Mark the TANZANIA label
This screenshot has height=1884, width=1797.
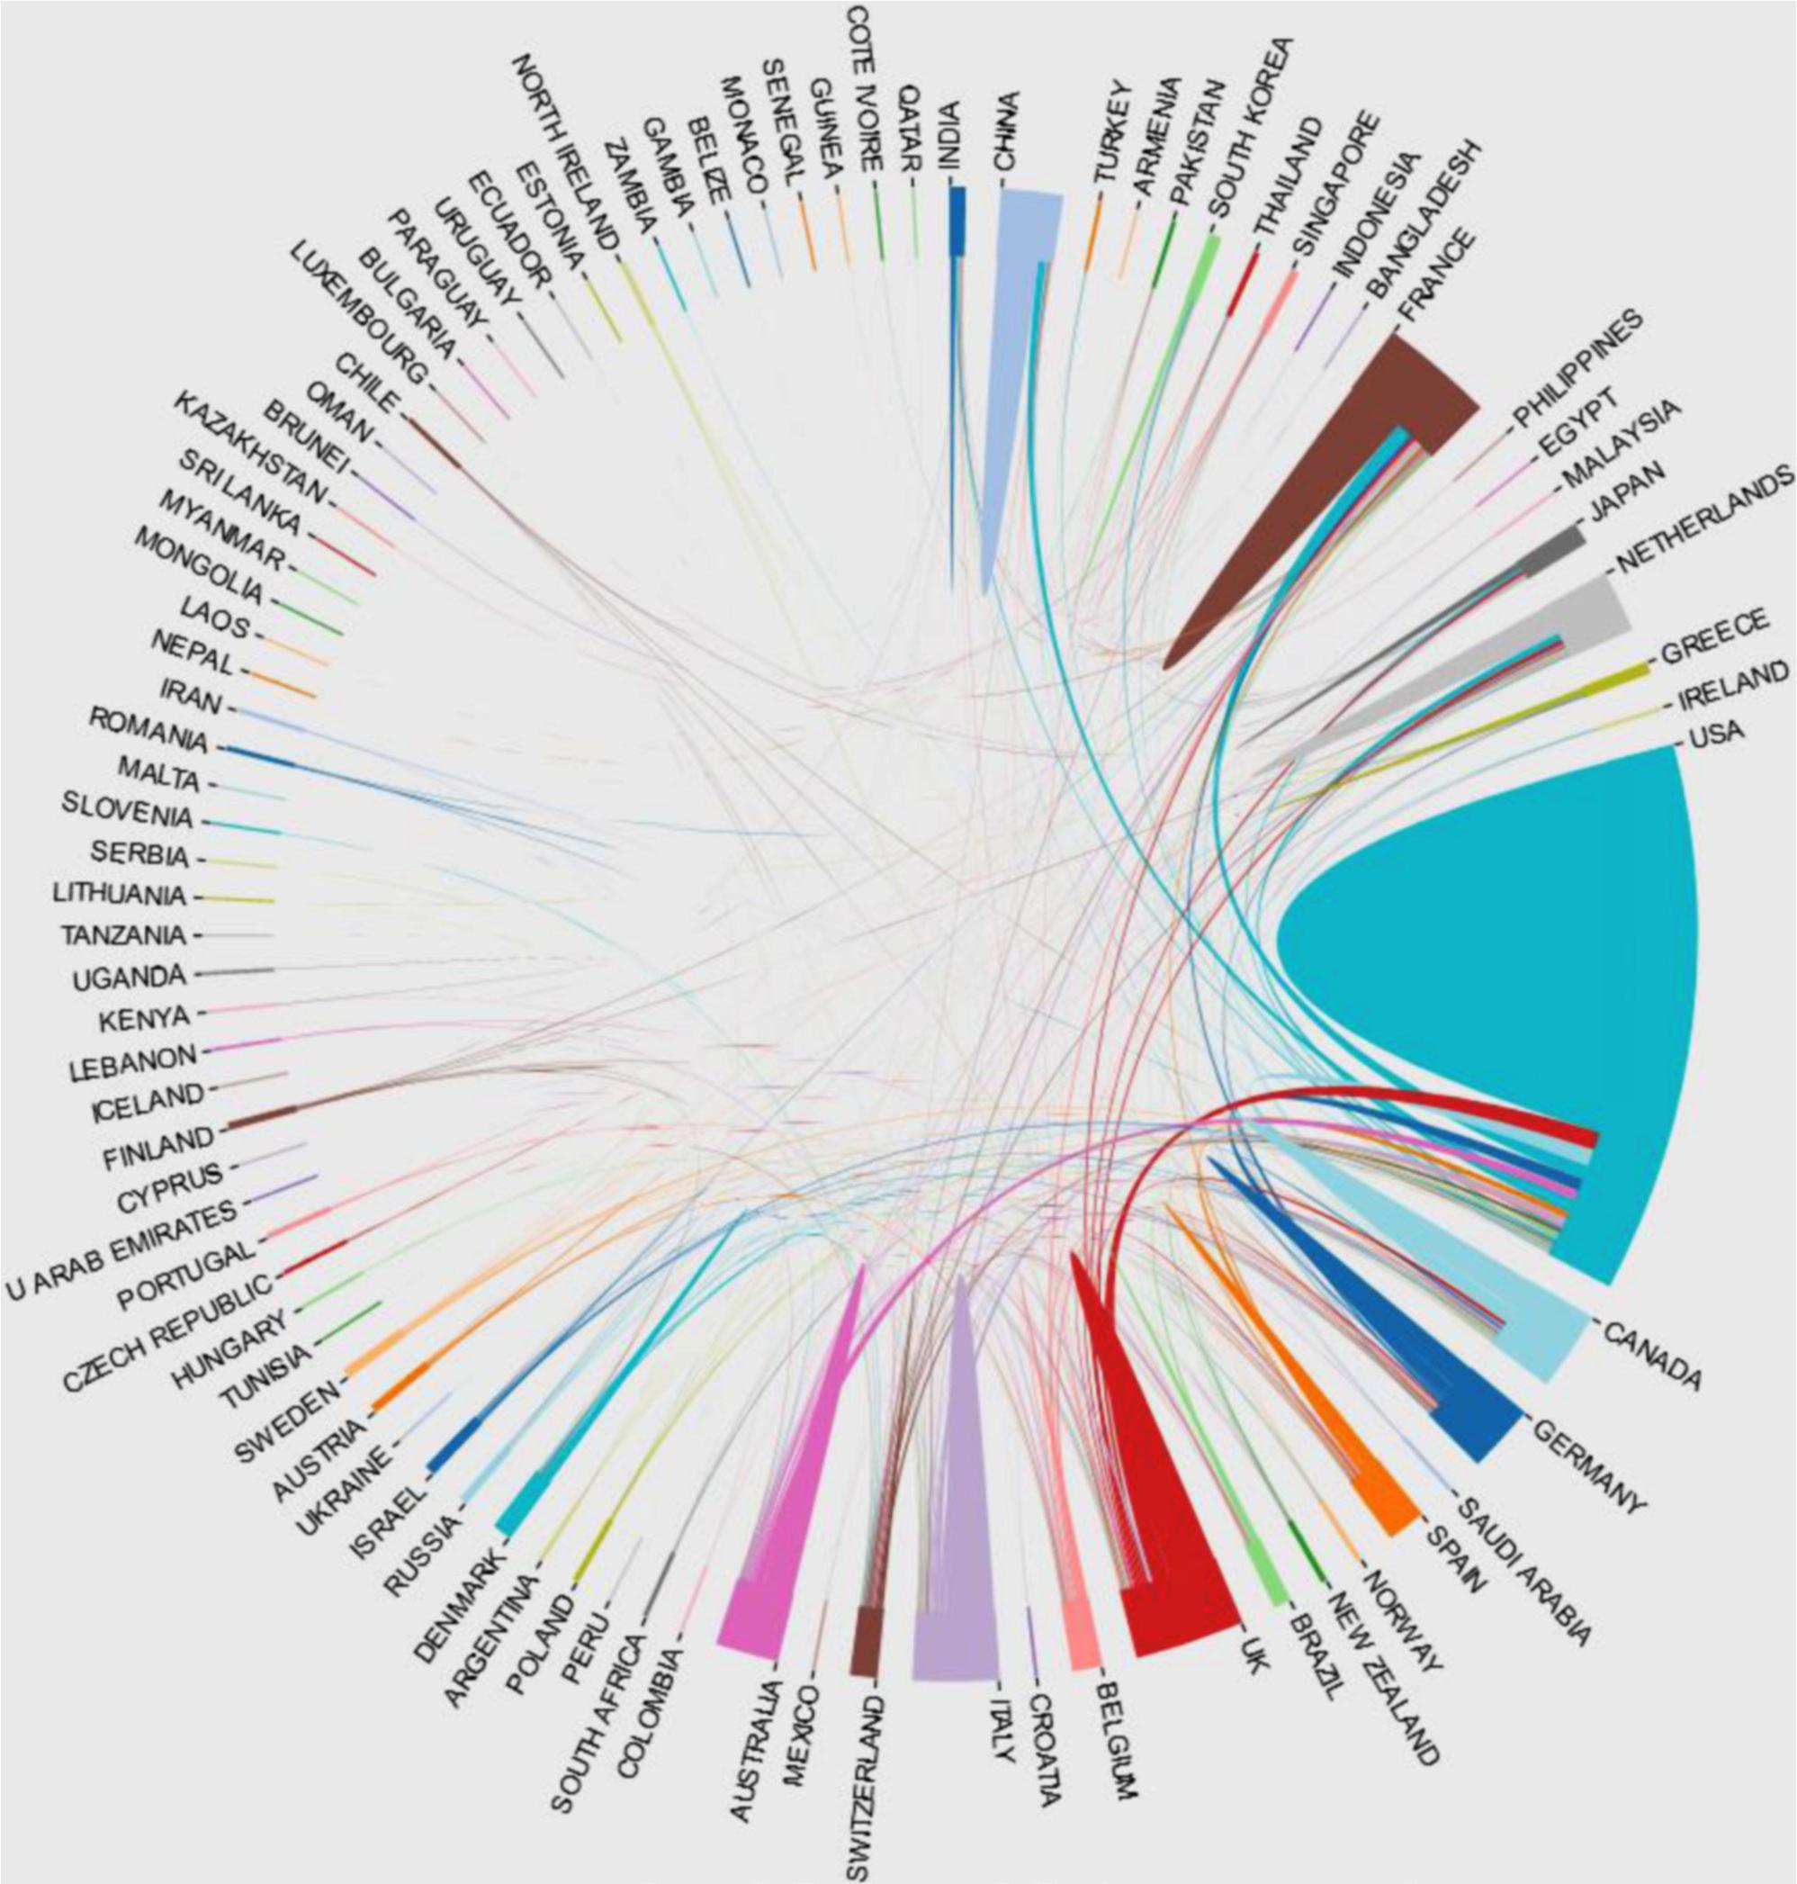[x=122, y=933]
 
